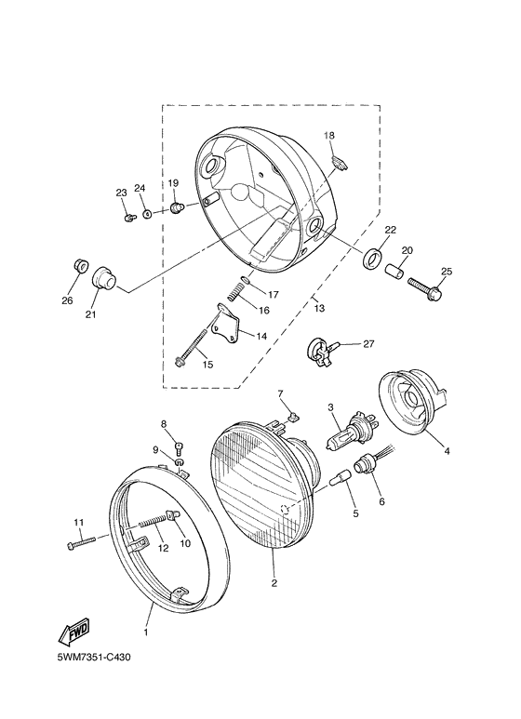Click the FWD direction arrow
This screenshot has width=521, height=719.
tap(73, 632)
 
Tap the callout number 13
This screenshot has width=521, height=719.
tap(319, 307)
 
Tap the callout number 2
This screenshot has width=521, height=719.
tap(274, 583)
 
